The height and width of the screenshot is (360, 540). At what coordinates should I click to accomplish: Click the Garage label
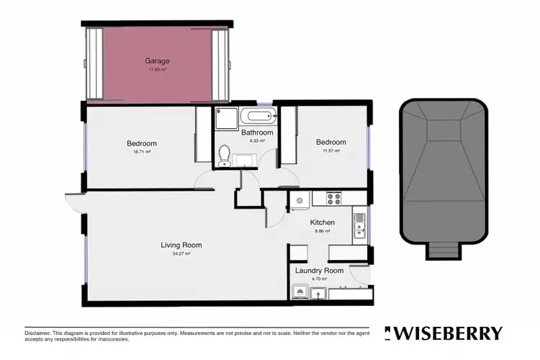point(157,61)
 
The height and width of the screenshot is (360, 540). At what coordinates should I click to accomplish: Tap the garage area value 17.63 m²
point(157,70)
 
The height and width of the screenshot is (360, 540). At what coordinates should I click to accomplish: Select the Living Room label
point(181,245)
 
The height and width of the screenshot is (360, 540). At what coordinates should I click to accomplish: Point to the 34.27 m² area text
point(181,253)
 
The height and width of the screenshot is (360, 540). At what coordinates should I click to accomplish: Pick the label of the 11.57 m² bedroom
point(331,142)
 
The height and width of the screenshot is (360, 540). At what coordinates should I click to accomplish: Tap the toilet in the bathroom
point(224,155)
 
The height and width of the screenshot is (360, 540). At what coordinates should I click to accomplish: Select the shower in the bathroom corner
point(221,117)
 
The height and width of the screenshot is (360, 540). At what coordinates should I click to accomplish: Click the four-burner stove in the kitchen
point(334,197)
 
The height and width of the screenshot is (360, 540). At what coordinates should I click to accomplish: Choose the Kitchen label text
point(320,222)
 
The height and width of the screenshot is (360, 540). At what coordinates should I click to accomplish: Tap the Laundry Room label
point(319,270)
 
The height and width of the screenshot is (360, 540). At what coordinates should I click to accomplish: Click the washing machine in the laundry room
point(302,292)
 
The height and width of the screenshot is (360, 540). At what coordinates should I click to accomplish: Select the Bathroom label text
point(257,132)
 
